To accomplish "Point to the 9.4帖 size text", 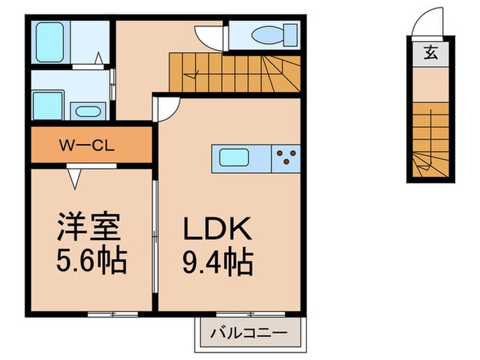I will (x=218, y=261).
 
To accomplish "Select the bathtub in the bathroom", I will (x=50, y=43).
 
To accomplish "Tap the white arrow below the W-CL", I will (x=75, y=177).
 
